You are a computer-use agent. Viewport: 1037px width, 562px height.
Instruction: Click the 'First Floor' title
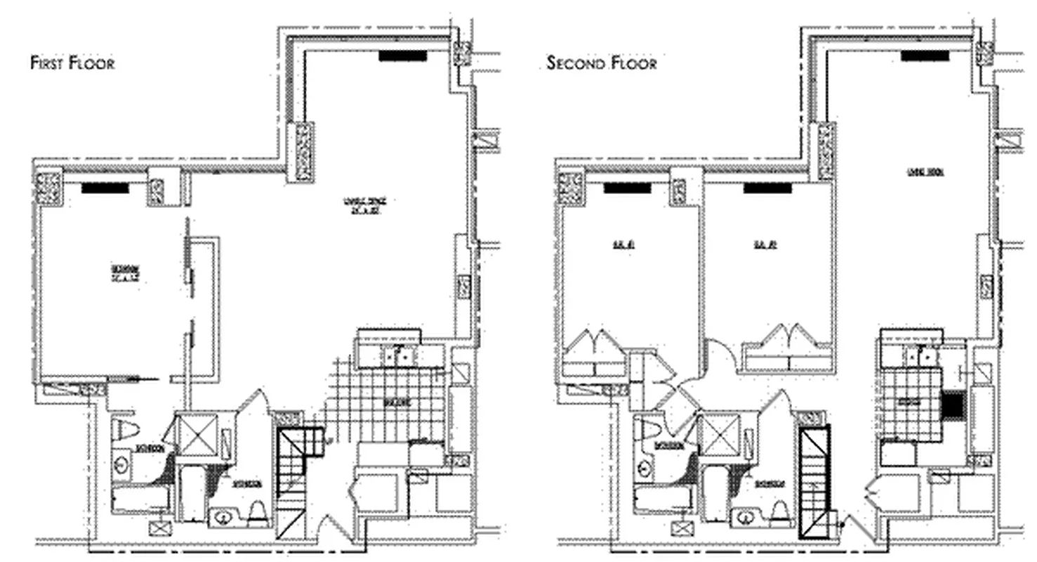click(72, 63)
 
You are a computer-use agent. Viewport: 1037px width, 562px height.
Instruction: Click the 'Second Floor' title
click(602, 63)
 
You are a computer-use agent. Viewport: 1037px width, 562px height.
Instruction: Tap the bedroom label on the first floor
click(126, 272)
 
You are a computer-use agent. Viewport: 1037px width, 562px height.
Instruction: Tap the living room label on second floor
click(918, 171)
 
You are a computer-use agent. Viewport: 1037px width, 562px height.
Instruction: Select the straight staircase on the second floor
click(814, 478)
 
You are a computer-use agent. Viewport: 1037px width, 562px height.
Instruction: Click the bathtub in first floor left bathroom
click(140, 498)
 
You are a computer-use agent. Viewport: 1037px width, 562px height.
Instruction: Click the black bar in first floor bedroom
click(105, 188)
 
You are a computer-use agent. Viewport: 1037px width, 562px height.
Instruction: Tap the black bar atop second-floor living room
click(925, 56)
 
